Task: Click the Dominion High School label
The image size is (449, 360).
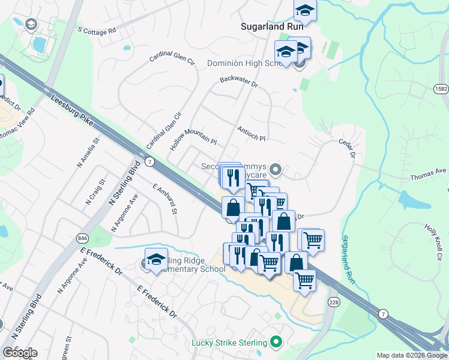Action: pos(240,63)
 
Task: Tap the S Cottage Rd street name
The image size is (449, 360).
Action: pos(97,30)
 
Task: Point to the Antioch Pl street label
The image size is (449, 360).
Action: pos(251,133)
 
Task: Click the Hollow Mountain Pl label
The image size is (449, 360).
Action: pos(194,136)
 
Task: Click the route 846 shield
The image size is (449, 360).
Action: pos(82,238)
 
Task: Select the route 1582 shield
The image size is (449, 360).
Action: pos(441,88)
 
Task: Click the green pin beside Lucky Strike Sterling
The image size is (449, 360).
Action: pos(276,343)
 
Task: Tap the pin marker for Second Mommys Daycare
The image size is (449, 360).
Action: pos(276,170)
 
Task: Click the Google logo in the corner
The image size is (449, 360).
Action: pos(20,353)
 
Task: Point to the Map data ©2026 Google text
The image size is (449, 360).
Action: pos(412,355)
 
